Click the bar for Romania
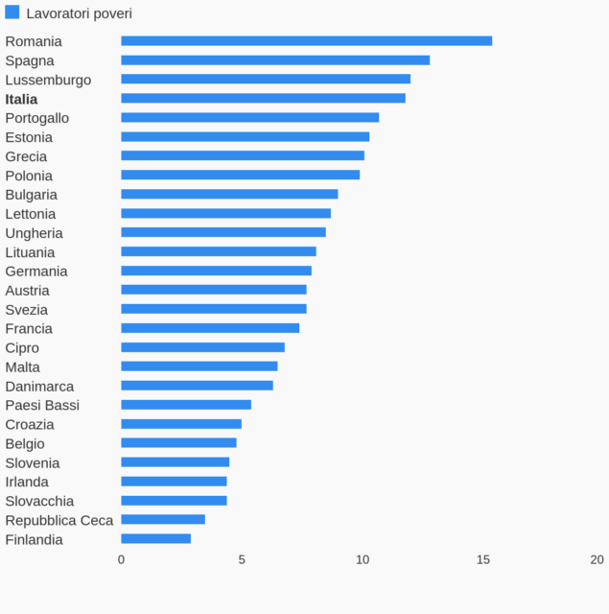pos(306,41)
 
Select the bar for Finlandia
pos(155,539)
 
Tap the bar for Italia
pos(263,99)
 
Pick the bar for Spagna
pos(275,60)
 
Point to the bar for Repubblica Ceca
pos(163,520)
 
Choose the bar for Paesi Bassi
pos(186,405)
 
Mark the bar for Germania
pos(216,271)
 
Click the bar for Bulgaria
pos(229,194)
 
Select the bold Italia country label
pos(21,99)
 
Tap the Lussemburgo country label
pos(48,80)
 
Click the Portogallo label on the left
pos(37,118)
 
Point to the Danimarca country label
pos(39,386)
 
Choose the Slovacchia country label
pos(39,501)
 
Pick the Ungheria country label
pos(35,233)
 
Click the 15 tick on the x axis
pos(483,559)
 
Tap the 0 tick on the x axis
pos(121,559)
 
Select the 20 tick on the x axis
pos(597,559)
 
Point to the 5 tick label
pos(242,559)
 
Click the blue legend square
pos(12,12)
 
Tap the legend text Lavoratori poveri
pos(80,13)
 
